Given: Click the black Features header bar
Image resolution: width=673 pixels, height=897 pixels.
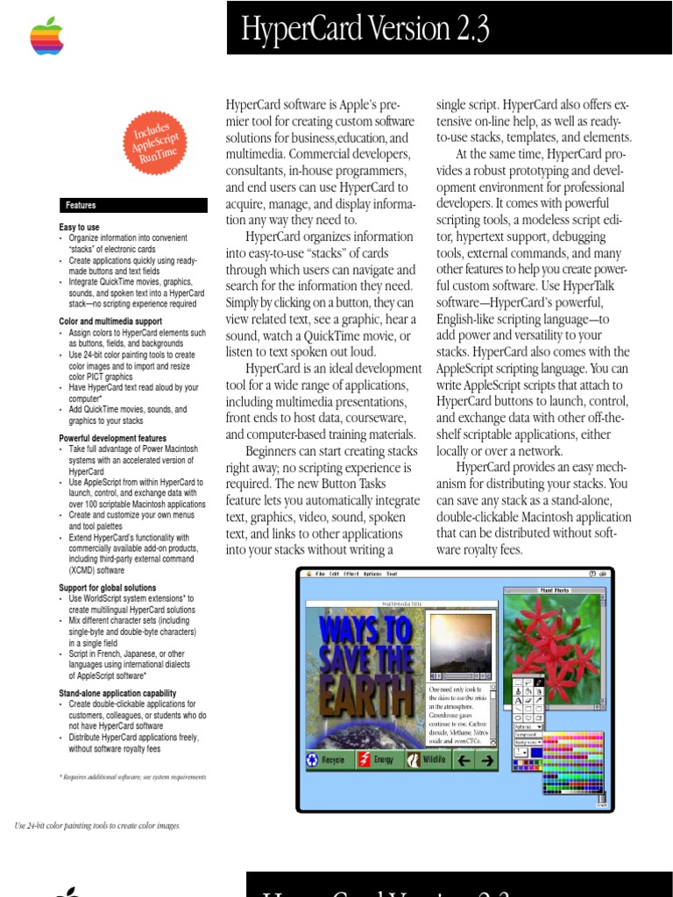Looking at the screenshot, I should (133, 205).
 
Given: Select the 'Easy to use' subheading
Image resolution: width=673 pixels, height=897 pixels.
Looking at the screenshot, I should (79, 228).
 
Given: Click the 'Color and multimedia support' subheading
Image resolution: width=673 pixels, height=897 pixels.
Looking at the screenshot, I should (110, 322).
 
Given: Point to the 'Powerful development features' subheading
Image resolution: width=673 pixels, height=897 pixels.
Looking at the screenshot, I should (112, 438).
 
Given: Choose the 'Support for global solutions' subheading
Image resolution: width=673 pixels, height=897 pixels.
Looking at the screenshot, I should (108, 588).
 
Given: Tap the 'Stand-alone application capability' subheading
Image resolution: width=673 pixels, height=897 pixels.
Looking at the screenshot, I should (117, 693).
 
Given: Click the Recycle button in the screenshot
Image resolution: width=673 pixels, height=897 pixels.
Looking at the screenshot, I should (328, 760).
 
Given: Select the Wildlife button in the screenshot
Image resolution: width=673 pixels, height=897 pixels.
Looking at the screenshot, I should (428, 760).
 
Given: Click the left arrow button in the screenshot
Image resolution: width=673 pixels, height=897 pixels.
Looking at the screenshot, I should (464, 760).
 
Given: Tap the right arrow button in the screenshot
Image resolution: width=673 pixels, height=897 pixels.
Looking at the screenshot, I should (486, 760).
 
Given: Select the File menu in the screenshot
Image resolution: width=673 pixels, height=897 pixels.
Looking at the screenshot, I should (309, 574).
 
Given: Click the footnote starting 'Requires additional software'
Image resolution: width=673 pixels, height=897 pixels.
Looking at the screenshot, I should (132, 776).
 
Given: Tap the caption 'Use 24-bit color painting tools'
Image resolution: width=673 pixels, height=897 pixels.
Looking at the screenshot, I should (97, 825).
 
